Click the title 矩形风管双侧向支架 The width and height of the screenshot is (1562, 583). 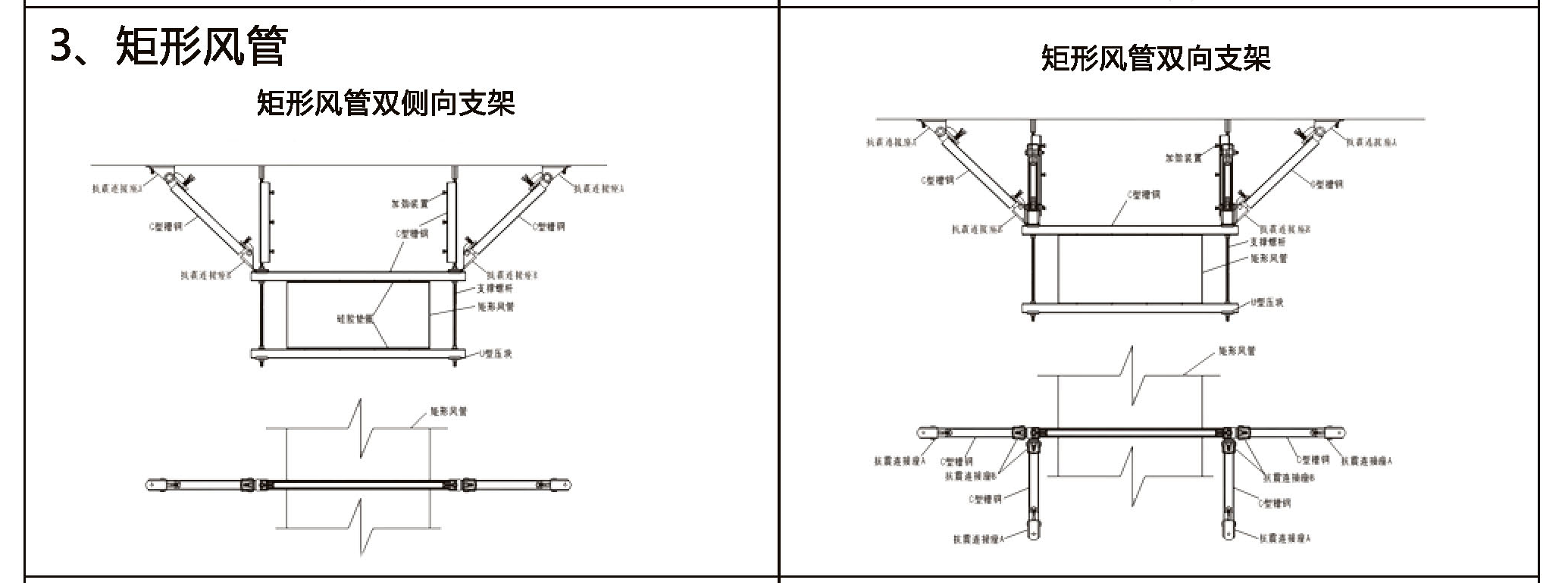click(x=386, y=103)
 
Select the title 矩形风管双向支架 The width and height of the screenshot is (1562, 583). click(x=1156, y=58)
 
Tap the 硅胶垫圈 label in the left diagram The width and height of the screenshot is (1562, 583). click(x=355, y=318)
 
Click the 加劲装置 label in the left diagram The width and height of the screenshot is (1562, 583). click(x=409, y=204)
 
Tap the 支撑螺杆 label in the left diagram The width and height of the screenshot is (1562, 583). click(x=496, y=289)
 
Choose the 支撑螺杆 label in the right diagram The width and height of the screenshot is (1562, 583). click(x=1267, y=242)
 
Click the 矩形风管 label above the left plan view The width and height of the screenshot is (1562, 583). click(x=449, y=412)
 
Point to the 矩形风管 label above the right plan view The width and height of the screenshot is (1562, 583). click(x=1237, y=351)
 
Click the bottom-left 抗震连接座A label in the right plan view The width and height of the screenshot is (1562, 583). click(x=978, y=539)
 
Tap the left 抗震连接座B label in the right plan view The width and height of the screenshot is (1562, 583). click(x=969, y=476)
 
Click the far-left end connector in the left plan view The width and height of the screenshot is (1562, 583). click(x=155, y=484)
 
